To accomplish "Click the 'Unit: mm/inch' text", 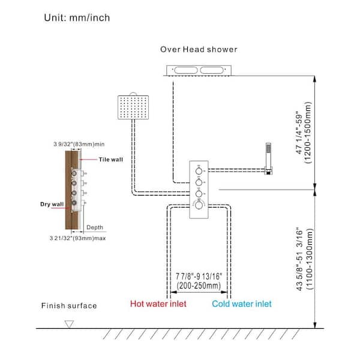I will pyautogui.click(x=76, y=17).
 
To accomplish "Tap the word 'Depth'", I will pyautogui.click(x=95, y=227).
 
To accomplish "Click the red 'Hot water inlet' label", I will pyautogui.click(x=158, y=304).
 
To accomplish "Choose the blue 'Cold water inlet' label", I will pyautogui.click(x=241, y=304).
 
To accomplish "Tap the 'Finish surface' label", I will pyautogui.click(x=68, y=305).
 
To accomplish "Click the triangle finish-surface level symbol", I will pyautogui.click(x=68, y=323).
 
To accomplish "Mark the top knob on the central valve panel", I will pyautogui.click(x=199, y=170).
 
